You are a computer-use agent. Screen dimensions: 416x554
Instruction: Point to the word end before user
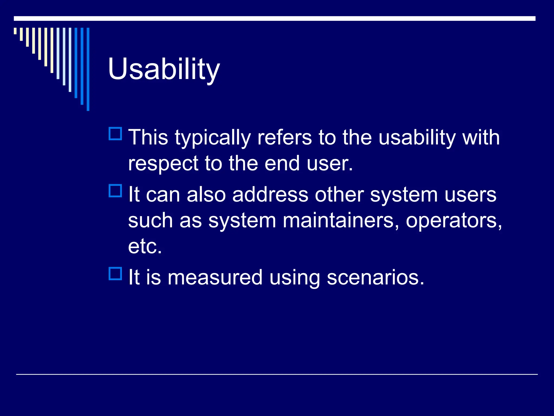[x=282, y=164]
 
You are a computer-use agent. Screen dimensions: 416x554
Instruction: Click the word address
[x=270, y=194]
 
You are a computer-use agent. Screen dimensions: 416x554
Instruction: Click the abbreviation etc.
[x=145, y=246]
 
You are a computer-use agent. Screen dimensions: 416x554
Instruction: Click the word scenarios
[x=375, y=277]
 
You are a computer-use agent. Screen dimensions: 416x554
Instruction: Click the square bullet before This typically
[x=115, y=134]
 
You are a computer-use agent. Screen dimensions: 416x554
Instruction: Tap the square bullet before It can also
[x=115, y=191]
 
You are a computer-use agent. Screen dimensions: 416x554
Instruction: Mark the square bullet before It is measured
[x=115, y=274]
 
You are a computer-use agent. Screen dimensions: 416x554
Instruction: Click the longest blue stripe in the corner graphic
[x=88, y=69]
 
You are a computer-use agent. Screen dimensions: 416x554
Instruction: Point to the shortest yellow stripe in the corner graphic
[x=15, y=31]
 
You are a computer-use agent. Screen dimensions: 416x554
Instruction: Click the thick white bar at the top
[x=275, y=18]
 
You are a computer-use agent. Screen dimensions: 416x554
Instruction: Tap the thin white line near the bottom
[x=277, y=374]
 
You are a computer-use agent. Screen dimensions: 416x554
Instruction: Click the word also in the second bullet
[x=206, y=194]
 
